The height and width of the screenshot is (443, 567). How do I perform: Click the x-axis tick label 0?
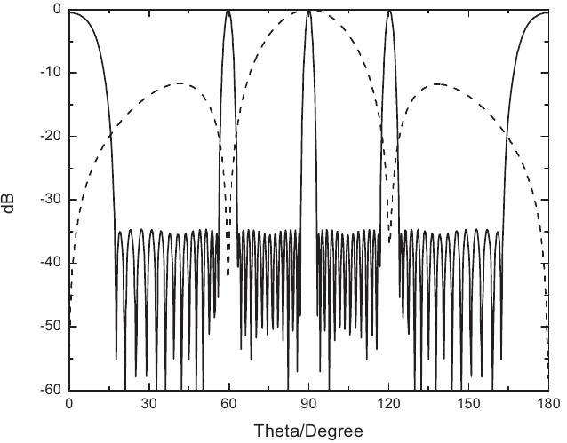[69, 404]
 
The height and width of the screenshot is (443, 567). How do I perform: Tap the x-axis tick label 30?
[148, 404]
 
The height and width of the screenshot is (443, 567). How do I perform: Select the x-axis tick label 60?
[228, 404]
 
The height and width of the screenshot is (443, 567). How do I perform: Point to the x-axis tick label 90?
[308, 404]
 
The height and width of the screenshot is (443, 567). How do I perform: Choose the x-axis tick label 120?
[388, 404]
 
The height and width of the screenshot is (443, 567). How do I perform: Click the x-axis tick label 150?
[468, 404]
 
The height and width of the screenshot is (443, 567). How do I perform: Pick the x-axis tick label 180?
[547, 404]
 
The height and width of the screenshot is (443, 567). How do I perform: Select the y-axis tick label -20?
[47, 136]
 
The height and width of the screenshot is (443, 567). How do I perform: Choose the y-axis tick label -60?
[47, 390]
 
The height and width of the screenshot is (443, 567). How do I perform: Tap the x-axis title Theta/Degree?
[308, 431]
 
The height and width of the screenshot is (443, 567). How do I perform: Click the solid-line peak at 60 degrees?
[228, 11]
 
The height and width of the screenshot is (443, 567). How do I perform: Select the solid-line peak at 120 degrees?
[388, 11]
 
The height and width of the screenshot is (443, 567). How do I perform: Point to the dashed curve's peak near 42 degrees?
[180, 83]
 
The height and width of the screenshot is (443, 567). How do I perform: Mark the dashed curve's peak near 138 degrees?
[436, 83]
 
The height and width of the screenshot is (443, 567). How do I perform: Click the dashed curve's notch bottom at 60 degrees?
[228, 274]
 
